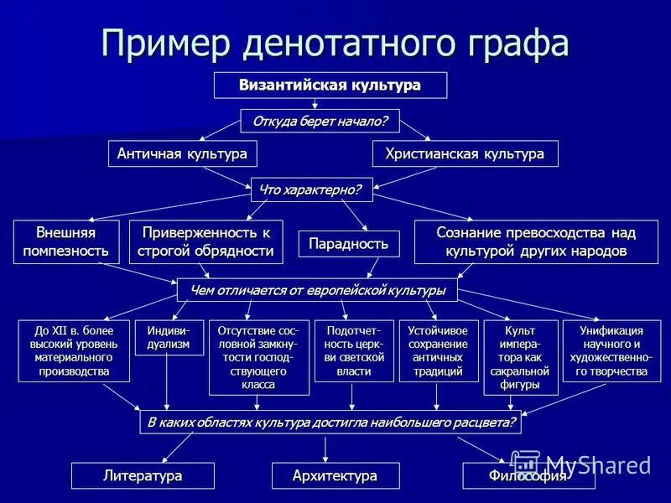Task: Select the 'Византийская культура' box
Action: (330, 86)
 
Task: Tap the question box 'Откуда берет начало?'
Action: (320, 122)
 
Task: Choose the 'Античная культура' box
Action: (182, 154)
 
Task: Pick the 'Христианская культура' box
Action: (465, 154)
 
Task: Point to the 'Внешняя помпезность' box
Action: (66, 241)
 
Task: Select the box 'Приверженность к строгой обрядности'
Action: (206, 241)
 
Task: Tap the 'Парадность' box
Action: (349, 244)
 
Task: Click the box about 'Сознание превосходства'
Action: (536, 241)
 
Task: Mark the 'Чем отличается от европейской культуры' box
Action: (317, 290)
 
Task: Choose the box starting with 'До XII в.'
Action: (74, 350)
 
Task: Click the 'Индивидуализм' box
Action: (169, 337)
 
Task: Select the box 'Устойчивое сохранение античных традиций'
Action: (438, 350)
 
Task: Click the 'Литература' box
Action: (143, 475)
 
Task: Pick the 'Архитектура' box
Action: (335, 475)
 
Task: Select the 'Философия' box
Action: (528, 475)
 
